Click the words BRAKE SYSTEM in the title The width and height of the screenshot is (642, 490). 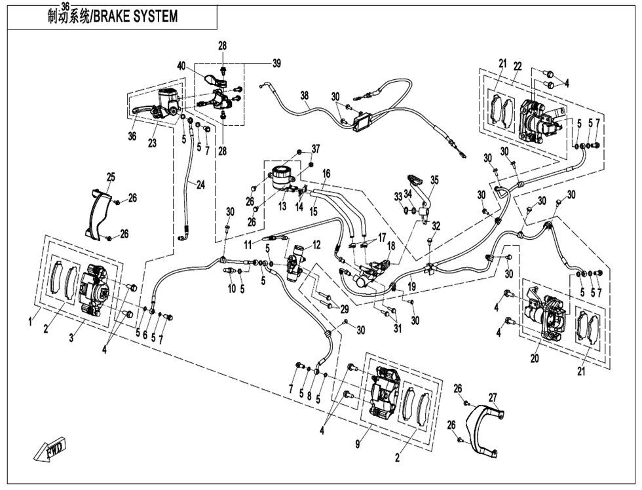click(135, 16)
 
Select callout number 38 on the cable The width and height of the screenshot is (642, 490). click(305, 96)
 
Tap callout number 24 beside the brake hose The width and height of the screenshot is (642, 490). click(200, 185)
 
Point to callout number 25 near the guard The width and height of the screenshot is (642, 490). click(110, 177)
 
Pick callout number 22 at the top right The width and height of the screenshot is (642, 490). click(518, 67)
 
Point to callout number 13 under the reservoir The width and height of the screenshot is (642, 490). click(282, 206)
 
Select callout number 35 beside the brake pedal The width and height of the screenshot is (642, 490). click(434, 179)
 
